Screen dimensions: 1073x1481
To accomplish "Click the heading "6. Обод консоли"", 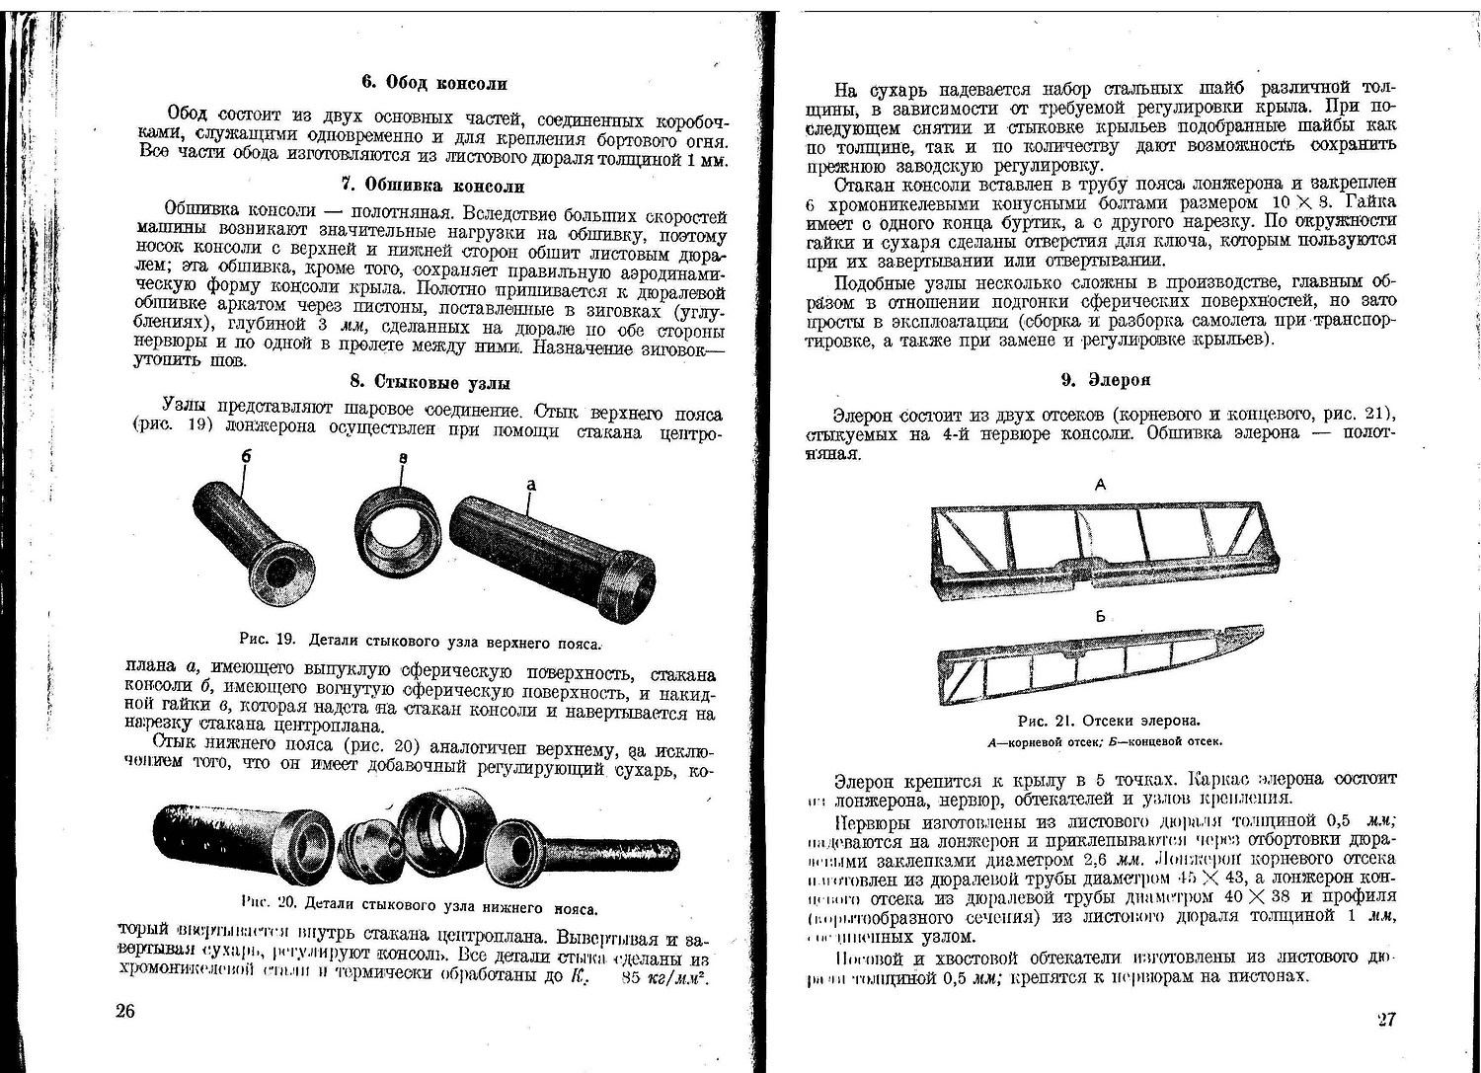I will coord(433,83).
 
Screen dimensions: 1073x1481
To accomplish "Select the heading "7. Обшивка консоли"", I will coord(432,186).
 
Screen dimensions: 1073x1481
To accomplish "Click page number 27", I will coord(1385,1019).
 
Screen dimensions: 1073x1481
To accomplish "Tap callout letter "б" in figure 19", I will coord(246,458).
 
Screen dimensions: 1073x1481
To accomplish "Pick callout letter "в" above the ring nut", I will coord(404,460).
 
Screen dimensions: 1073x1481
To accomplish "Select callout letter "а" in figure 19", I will coord(531,485).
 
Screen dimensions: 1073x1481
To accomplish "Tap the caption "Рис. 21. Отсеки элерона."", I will coord(1102,720).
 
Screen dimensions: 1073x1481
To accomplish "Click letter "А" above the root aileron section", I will coord(1100,485).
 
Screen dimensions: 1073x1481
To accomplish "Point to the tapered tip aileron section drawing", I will coord(1096,661).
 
